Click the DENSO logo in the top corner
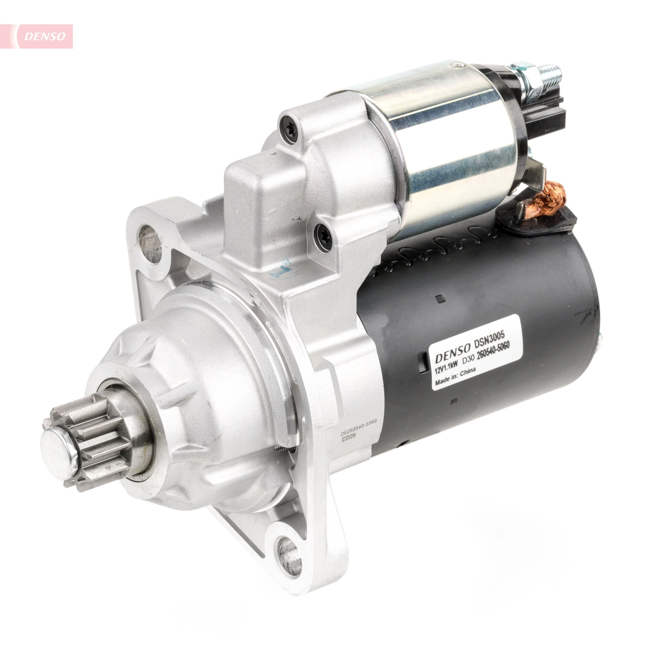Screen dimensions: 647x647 [x=45, y=36]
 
